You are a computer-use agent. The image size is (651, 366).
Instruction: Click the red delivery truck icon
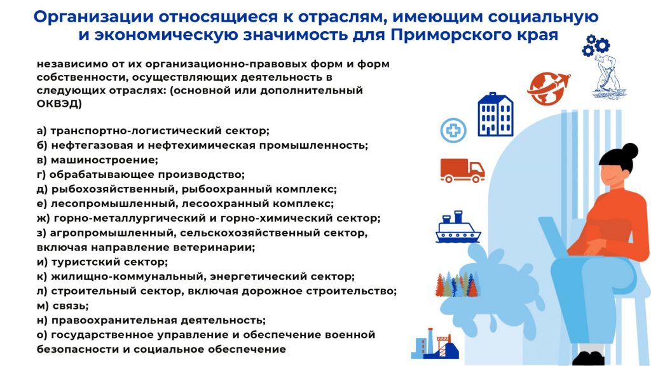tap(462, 170)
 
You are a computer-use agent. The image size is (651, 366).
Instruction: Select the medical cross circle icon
tap(453, 130)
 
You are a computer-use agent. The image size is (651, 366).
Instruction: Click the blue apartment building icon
tap(495, 114)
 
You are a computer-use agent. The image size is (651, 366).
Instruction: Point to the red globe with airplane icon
tap(547, 88)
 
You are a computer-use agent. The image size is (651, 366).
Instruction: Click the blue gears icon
tap(596, 45)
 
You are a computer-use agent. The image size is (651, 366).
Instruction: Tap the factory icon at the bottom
tap(435, 344)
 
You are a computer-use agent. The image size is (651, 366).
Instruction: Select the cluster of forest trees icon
tap(456, 284)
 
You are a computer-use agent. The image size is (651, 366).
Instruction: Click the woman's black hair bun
tap(630, 151)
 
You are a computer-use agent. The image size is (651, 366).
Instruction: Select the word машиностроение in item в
tap(104, 160)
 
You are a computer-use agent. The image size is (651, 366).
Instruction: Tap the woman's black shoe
tap(588, 358)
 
